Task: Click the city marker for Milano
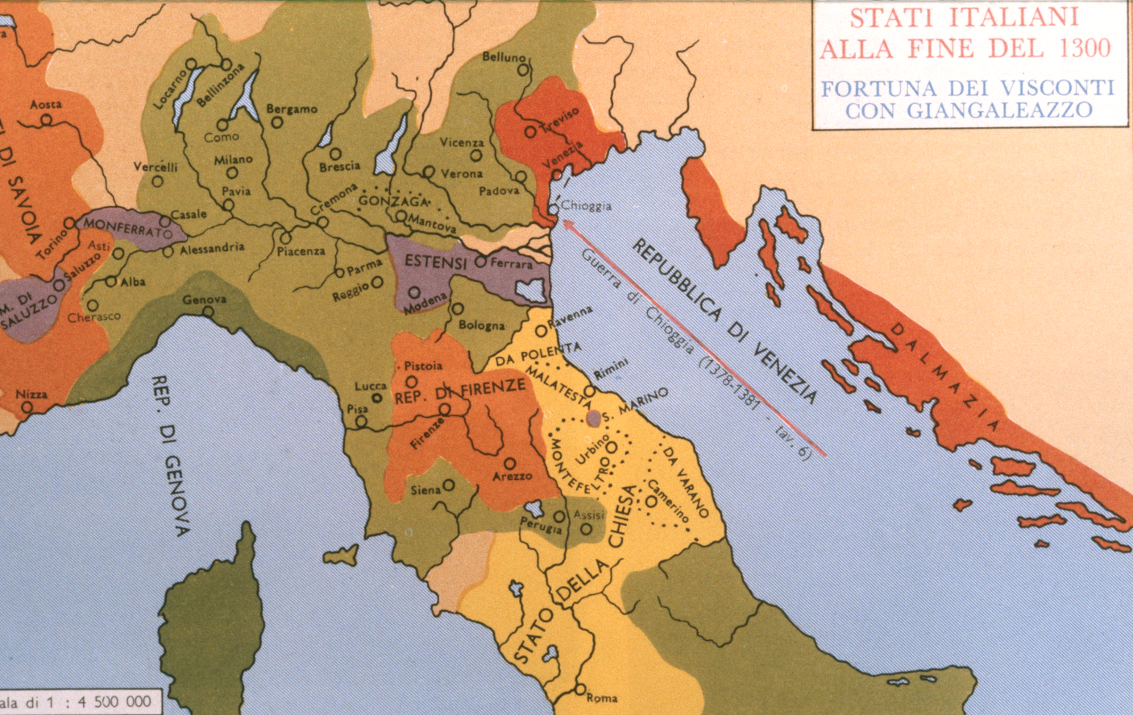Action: click(232, 173)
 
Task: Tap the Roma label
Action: click(601, 698)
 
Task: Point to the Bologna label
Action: click(481, 325)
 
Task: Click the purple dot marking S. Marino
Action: click(594, 418)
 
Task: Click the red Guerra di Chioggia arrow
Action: click(693, 338)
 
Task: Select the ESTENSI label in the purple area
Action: click(435, 262)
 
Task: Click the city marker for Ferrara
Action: click(481, 262)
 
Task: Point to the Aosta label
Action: click(46, 105)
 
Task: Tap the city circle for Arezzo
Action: click(509, 463)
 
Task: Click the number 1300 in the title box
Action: click(1085, 48)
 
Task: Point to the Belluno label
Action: click(504, 57)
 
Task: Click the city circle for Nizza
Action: click(27, 407)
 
